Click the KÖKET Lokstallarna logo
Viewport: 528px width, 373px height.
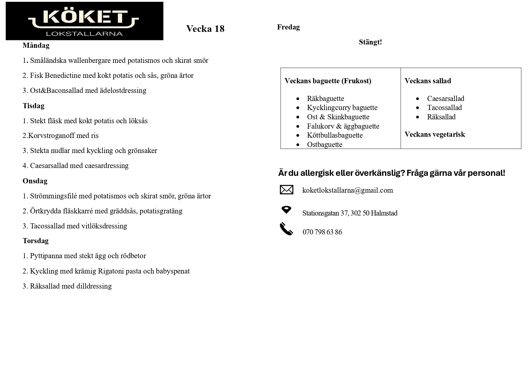[x=84, y=21]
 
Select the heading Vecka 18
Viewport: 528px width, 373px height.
[x=205, y=29]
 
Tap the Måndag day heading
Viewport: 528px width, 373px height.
[x=36, y=45]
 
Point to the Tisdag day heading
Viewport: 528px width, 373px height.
[x=33, y=106]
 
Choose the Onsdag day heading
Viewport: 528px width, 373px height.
[x=35, y=181]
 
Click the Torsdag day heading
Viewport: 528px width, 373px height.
[x=36, y=241]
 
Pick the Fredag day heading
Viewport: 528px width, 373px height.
[x=288, y=27]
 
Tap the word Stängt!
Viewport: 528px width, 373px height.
[x=370, y=42]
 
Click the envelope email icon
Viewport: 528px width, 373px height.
[x=286, y=190]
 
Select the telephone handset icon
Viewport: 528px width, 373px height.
[x=286, y=229]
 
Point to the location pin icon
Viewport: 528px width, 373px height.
[x=286, y=209]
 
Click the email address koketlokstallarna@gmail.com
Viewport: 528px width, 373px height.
[x=347, y=190]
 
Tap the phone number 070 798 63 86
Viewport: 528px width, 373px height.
[x=322, y=232]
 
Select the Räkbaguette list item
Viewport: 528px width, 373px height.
[x=325, y=99]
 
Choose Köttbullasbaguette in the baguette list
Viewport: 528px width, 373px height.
[x=335, y=135]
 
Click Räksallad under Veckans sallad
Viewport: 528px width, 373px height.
[x=441, y=117]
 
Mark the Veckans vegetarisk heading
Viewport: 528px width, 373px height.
[x=434, y=134]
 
